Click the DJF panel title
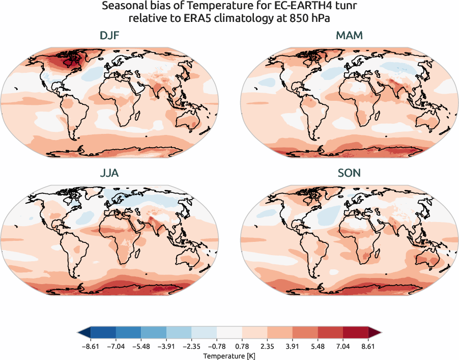(x=109, y=36)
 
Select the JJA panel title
(x=109, y=173)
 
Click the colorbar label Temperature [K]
(x=229, y=355)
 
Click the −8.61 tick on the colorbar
(x=90, y=345)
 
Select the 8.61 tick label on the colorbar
(x=368, y=345)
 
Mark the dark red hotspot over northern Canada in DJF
(x=65, y=62)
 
